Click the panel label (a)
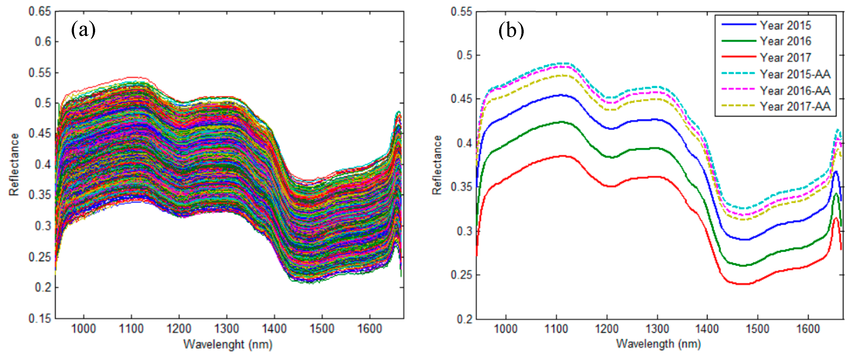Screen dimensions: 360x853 (x=83, y=30)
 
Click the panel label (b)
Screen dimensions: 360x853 (x=511, y=30)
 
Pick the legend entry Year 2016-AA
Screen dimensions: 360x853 (x=795, y=90)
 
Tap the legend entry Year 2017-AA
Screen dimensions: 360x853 (x=795, y=106)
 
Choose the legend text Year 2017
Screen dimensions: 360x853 (x=785, y=58)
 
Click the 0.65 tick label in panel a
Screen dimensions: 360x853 (x=40, y=12)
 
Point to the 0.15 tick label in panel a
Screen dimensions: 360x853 (x=40, y=319)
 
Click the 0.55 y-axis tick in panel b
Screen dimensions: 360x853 (x=461, y=12)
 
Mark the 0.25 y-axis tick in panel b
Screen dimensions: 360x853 (x=461, y=275)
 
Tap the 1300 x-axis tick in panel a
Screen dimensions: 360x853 (x=227, y=329)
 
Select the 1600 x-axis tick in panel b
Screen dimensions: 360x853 (x=808, y=329)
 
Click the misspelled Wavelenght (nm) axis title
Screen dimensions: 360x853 (x=228, y=344)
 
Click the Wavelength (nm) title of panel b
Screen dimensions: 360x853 (x=658, y=344)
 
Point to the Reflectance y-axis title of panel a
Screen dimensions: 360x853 (x=14, y=165)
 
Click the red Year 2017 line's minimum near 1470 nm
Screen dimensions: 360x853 (x=744, y=284)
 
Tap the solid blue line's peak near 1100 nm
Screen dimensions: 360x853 (x=561, y=95)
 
